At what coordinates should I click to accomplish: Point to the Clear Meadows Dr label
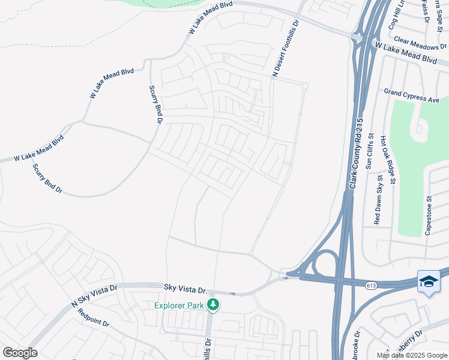418,42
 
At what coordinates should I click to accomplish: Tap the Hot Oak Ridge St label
388,160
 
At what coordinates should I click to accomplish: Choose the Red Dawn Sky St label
378,200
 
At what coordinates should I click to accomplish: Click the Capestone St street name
429,215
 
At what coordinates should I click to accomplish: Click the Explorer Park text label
179,305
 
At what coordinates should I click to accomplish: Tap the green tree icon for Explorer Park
212,305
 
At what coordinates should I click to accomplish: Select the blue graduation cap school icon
429,281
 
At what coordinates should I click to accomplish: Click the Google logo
20,353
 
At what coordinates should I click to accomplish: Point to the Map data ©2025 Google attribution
412,355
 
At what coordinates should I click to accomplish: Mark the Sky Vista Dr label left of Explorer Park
184,289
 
